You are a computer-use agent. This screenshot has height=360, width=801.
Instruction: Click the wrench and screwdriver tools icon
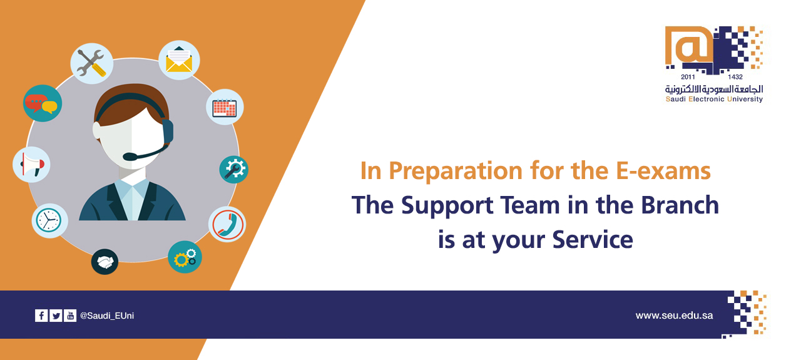click(x=91, y=63)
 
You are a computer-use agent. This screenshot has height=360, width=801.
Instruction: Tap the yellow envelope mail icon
click(x=179, y=59)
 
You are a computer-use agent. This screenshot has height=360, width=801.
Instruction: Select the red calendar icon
click(x=225, y=107)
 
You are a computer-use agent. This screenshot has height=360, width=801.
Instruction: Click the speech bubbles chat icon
click(x=43, y=103)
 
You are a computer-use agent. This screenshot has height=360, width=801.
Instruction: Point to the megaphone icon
click(x=31, y=165)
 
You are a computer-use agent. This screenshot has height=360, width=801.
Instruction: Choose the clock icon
click(x=49, y=220)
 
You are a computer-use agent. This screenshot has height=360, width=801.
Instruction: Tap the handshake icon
click(x=105, y=262)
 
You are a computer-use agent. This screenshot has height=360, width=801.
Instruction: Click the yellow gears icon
click(x=185, y=257)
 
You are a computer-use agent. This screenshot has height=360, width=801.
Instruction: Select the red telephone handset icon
click(x=227, y=224)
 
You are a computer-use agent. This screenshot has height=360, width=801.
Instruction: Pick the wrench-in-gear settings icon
click(x=234, y=169)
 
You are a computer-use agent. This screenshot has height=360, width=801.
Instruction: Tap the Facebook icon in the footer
click(x=41, y=316)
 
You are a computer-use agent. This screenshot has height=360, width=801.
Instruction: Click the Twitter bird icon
click(x=56, y=316)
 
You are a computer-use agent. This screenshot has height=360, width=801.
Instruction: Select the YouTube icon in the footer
click(x=70, y=316)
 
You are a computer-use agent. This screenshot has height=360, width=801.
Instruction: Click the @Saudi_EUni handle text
click(x=107, y=316)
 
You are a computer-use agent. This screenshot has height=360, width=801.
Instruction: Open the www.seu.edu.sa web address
click(x=674, y=316)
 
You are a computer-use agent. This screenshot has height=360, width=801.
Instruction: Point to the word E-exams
click(x=663, y=171)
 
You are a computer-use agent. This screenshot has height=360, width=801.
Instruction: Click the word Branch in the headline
click(x=680, y=205)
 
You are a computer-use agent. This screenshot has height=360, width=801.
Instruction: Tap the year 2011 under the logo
click(x=688, y=77)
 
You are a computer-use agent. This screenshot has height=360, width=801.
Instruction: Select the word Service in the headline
click(x=593, y=239)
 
